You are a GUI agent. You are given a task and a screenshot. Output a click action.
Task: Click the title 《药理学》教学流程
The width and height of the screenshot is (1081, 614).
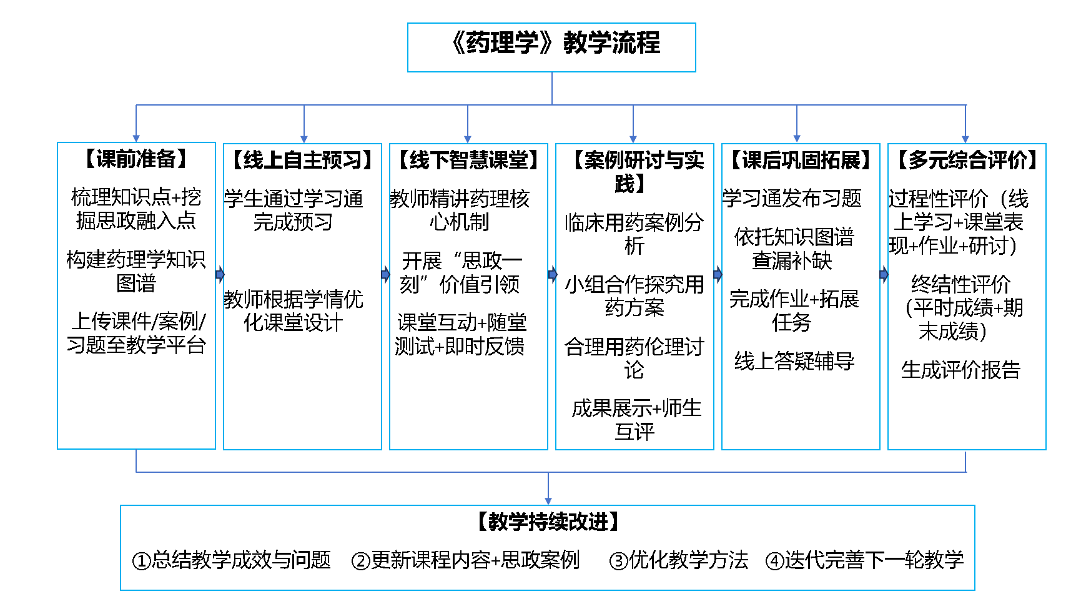[x=551, y=43]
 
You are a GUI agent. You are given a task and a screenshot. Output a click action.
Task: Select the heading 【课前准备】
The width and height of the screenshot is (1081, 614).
[x=136, y=159]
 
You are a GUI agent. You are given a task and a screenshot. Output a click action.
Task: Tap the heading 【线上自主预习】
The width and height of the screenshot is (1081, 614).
[x=303, y=161]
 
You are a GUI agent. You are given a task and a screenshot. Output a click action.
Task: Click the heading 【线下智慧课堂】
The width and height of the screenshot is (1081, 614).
[x=468, y=161]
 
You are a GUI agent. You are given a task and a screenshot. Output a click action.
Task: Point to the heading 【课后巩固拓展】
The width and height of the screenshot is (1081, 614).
[x=801, y=161]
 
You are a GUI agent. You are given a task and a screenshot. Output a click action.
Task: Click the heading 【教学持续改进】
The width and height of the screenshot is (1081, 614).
[x=548, y=522]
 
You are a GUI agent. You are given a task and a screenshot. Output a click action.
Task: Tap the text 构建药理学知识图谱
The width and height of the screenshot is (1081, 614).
[x=136, y=271]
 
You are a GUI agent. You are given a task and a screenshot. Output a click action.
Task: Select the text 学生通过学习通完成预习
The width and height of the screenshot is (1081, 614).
[x=294, y=210]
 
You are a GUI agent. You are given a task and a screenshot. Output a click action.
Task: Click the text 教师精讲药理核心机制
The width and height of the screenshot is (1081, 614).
[x=460, y=210]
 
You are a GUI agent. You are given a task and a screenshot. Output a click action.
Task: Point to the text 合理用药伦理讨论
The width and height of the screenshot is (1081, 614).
[x=634, y=358]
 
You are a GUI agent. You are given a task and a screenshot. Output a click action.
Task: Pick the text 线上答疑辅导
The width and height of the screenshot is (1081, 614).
[x=794, y=361]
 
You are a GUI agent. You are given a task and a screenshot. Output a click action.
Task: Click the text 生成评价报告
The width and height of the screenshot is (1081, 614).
[x=960, y=370]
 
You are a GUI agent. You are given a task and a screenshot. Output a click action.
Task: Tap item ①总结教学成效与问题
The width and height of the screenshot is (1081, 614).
[x=231, y=560]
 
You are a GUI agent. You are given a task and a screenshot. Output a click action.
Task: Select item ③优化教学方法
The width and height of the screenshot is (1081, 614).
[x=679, y=560]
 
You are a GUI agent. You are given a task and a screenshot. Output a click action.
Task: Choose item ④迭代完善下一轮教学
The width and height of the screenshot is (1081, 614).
[x=865, y=560]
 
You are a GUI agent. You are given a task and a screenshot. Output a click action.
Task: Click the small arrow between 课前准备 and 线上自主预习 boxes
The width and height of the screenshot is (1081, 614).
[x=220, y=274]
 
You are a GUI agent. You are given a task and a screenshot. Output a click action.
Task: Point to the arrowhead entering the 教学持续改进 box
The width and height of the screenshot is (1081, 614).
[x=548, y=501]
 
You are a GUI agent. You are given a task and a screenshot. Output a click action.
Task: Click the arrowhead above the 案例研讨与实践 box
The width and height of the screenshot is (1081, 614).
[x=633, y=139]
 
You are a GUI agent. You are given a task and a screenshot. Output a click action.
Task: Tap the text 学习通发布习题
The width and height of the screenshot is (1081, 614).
[x=792, y=199]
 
